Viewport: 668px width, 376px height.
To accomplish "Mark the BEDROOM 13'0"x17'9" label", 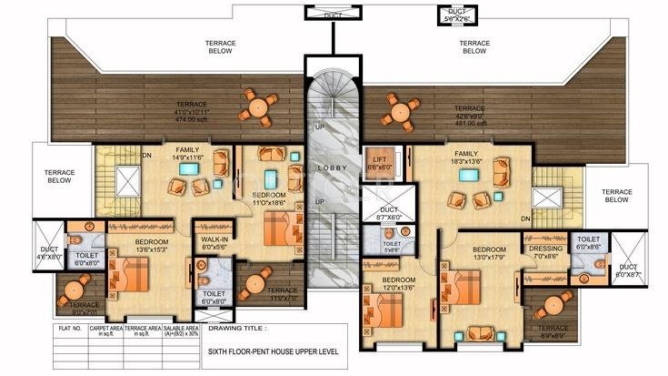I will point(489,252).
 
